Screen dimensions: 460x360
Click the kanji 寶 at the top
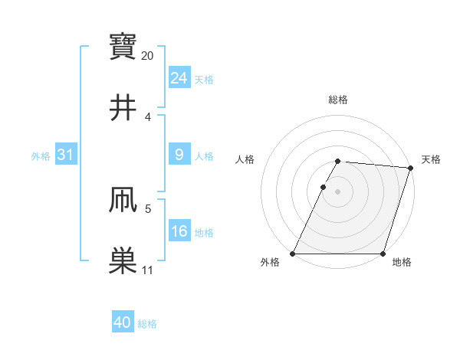click(x=123, y=46)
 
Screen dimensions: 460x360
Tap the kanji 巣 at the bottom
click(x=123, y=260)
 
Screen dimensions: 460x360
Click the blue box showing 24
click(x=179, y=78)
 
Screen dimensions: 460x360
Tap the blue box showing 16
click(x=179, y=231)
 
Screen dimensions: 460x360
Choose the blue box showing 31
click(x=65, y=155)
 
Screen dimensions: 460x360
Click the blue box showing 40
click(x=122, y=323)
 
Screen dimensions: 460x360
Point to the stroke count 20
click(x=148, y=55)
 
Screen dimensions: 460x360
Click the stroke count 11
click(x=147, y=270)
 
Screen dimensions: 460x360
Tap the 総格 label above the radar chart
click(x=338, y=100)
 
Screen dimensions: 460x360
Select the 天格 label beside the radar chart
click(x=431, y=159)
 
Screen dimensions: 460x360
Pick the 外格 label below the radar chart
click(x=270, y=263)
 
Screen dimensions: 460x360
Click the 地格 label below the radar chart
click(x=402, y=263)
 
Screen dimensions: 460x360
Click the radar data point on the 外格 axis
click(x=293, y=254)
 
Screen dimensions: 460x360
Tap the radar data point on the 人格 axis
click(x=323, y=187)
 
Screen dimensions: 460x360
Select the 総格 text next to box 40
click(x=147, y=324)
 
